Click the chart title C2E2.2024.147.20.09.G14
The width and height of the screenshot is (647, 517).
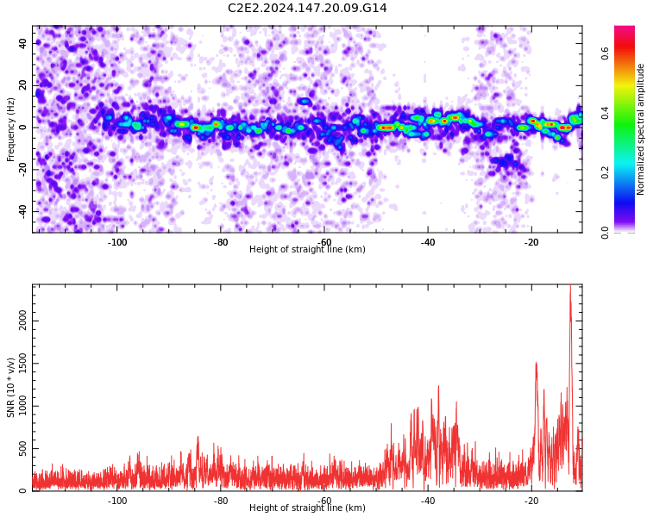coord(307,8)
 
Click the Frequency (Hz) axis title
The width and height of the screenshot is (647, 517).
coord(10,129)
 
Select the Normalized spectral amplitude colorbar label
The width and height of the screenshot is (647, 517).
coord(640,129)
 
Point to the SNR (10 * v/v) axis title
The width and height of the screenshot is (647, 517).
coord(10,388)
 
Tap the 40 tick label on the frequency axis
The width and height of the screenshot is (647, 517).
coord(22,43)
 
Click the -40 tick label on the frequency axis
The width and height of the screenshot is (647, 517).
coord(22,211)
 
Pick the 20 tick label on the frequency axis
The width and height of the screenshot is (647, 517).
coord(22,85)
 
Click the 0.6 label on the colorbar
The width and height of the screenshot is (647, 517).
coord(605,53)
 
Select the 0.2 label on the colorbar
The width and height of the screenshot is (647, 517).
coord(605,172)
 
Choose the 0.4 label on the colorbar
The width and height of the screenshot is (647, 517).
coord(605,113)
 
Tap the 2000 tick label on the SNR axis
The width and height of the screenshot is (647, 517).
coord(22,321)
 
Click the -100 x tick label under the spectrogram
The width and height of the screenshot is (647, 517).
coord(117,242)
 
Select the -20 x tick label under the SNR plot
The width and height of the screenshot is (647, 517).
coord(531,501)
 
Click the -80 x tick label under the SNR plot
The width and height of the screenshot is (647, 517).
coord(221,501)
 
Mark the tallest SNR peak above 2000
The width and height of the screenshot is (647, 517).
coord(570,286)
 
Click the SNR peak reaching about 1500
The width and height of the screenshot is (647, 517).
coord(536,364)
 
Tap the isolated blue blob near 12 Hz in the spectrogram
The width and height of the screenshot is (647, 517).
coord(305,102)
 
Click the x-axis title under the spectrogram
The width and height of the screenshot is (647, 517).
coord(307,249)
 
